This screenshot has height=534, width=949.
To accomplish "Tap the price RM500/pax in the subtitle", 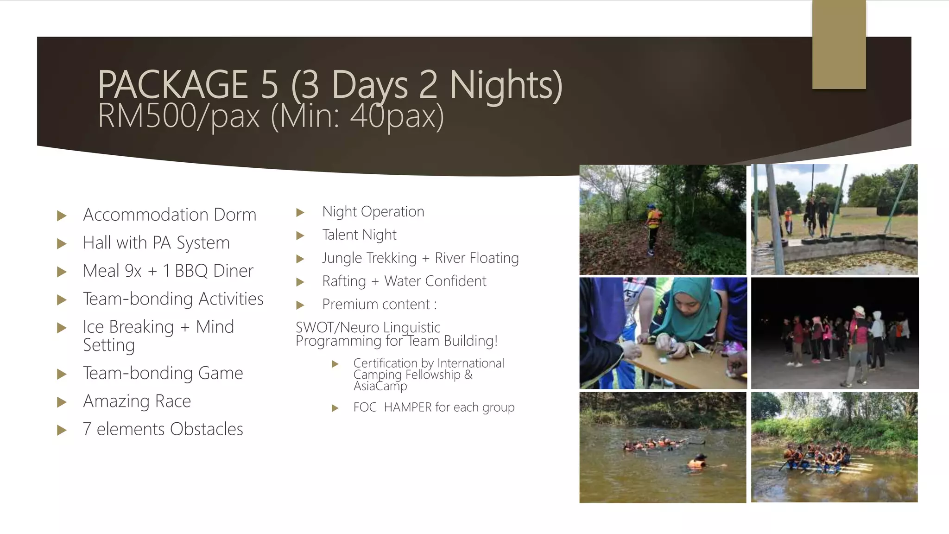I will point(179,116).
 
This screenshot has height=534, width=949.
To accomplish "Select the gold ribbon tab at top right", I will point(839,44).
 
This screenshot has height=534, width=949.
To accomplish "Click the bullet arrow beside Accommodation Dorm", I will point(62,216).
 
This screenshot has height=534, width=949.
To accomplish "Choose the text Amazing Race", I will point(137,401).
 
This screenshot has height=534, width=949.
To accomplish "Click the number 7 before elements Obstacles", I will point(87,429).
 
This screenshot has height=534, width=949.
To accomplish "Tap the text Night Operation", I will point(373,211).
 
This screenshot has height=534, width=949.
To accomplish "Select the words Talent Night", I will point(359,235).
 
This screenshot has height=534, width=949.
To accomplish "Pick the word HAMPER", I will point(408,407).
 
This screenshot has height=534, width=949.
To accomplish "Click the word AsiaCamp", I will point(380,386).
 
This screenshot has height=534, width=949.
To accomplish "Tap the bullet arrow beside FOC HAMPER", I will point(335,408).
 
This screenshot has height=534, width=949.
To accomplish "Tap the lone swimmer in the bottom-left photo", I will point(697,463).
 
